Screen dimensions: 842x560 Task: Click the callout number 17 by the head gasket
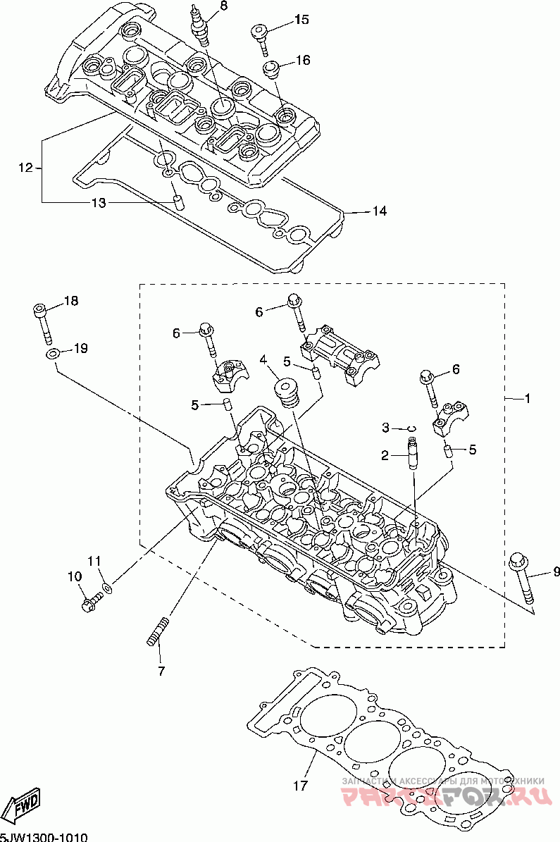pyautogui.click(x=301, y=785)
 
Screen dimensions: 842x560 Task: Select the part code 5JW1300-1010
pyautogui.click(x=44, y=837)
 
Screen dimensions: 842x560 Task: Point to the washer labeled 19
pyautogui.click(x=51, y=353)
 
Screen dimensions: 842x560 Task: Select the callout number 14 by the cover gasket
pyautogui.click(x=380, y=211)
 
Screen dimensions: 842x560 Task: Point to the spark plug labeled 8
pyautogui.click(x=200, y=25)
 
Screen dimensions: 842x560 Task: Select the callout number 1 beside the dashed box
pyautogui.click(x=526, y=398)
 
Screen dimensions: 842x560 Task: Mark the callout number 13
pyautogui.click(x=98, y=203)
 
